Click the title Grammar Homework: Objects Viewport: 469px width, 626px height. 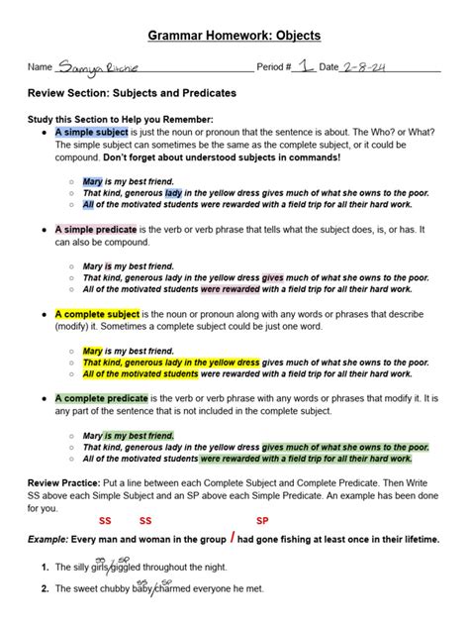234,36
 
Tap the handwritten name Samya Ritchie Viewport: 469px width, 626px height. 100,66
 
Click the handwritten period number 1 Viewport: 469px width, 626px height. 308,64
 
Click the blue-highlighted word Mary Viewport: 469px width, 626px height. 93,182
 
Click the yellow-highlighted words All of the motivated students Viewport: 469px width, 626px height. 140,374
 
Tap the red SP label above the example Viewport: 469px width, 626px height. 262,521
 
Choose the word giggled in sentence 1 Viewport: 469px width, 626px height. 132,568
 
